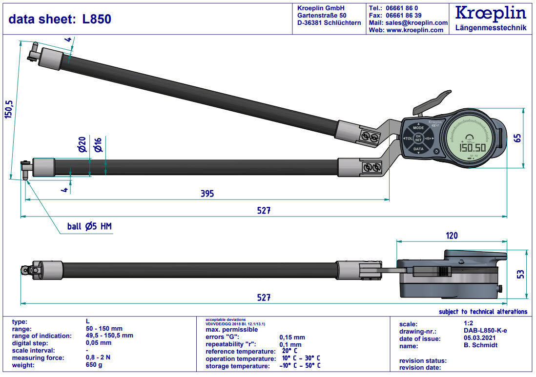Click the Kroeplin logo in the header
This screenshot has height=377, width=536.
(x=491, y=13)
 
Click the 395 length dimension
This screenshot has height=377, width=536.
(x=207, y=194)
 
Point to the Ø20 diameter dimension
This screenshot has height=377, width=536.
(x=82, y=145)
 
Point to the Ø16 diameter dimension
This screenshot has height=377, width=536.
(x=98, y=145)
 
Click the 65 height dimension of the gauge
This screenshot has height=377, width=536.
(x=517, y=138)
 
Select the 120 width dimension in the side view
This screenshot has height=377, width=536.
(x=452, y=236)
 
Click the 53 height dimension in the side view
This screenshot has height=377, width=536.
(x=520, y=274)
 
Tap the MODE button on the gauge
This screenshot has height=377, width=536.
(x=418, y=128)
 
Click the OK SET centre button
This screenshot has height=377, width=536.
(x=418, y=139)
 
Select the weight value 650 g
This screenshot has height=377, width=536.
(x=94, y=365)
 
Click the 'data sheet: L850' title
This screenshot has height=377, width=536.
(x=60, y=19)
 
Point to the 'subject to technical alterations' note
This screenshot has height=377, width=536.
(x=483, y=312)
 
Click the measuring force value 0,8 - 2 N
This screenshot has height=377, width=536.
(x=98, y=358)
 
